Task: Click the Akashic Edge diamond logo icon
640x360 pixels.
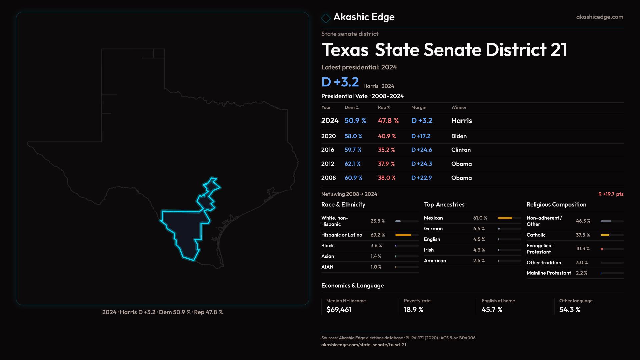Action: click(326, 18)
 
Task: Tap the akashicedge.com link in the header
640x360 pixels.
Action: click(600, 17)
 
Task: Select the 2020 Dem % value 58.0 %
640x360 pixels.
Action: click(353, 136)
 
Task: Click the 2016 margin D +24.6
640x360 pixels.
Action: click(422, 150)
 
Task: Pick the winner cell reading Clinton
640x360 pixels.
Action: click(461, 150)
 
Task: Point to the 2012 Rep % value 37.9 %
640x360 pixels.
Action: click(386, 164)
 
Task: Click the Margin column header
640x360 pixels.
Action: click(419, 107)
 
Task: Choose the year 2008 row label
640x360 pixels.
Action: click(328, 178)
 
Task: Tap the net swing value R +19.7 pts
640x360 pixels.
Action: click(611, 194)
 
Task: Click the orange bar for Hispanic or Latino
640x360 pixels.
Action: click(403, 235)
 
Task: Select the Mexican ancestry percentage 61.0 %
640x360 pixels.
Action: click(480, 218)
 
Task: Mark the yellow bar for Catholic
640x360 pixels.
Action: click(605, 235)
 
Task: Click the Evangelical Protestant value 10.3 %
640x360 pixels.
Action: click(583, 249)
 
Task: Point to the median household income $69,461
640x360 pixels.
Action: click(339, 310)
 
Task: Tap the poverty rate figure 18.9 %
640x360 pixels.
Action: click(414, 310)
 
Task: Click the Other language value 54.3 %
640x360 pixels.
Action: click(570, 310)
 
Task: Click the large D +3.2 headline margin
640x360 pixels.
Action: click(340, 82)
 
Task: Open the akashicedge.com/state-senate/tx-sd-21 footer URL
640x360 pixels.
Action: click(364, 345)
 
